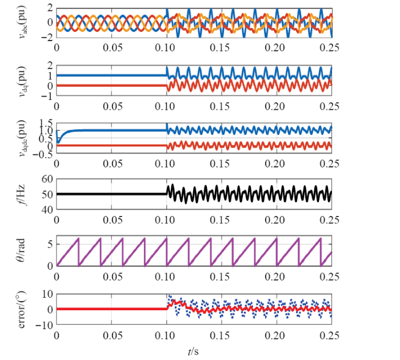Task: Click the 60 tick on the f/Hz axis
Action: pos(46,179)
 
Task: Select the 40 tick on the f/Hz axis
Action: pos(46,210)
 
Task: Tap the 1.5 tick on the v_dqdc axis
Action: pos(44,122)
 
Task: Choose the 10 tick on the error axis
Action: pos(46,294)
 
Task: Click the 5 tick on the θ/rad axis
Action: pos(49,244)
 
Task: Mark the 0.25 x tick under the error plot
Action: pos(330,334)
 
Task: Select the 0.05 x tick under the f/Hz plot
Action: pos(112,219)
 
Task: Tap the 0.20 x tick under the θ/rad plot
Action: pos(275,277)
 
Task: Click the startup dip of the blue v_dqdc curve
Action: pos(58,142)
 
